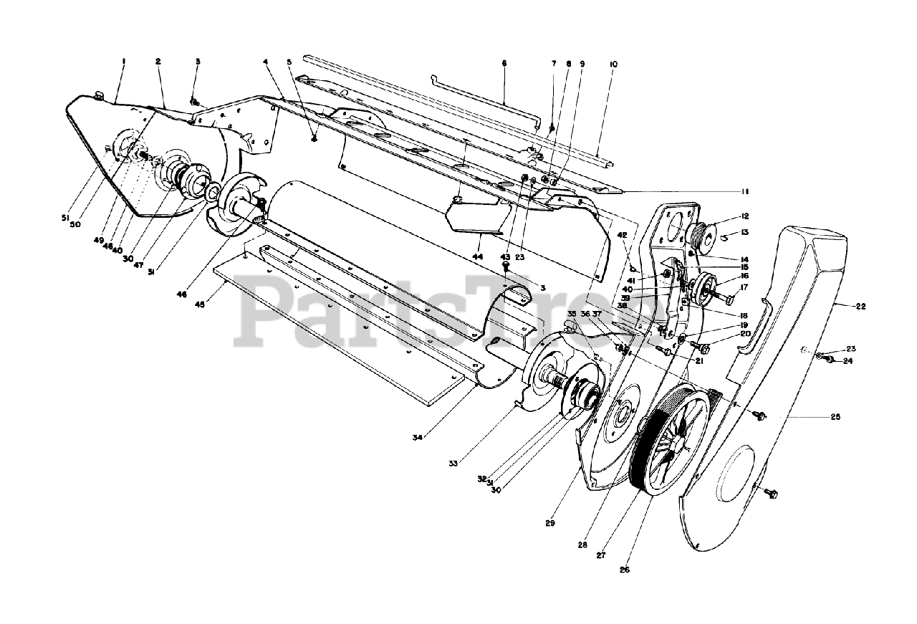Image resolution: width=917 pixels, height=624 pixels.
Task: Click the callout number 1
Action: click(x=123, y=62)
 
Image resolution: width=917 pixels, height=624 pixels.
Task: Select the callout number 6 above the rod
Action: click(x=504, y=63)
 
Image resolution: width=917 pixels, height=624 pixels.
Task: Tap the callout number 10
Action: click(x=613, y=64)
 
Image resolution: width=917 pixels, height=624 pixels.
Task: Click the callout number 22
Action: click(x=860, y=306)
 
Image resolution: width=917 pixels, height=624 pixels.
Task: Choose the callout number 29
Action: click(x=549, y=524)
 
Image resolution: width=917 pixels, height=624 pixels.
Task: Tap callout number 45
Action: click(x=200, y=304)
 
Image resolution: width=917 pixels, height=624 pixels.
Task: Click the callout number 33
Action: click(x=453, y=464)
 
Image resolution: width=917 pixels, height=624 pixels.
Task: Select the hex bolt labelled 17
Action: click(x=721, y=294)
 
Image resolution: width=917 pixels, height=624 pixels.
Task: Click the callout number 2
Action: click(x=158, y=62)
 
